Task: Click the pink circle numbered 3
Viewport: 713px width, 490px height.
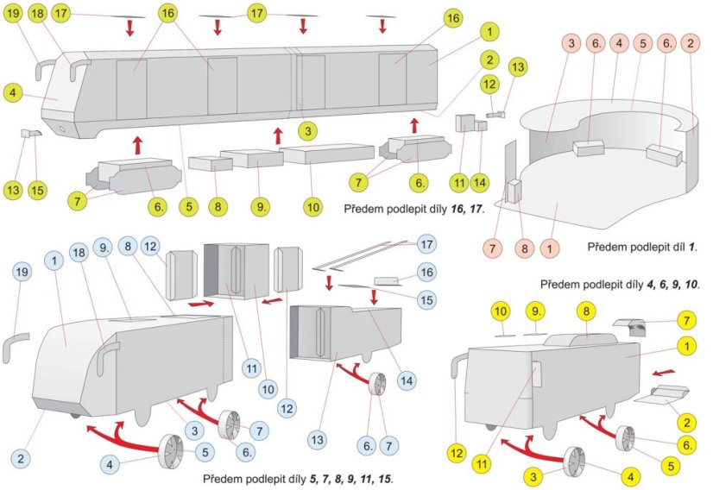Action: [x=571, y=42]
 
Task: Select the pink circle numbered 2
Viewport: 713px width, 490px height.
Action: [x=690, y=42]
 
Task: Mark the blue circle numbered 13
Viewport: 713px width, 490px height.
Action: [x=319, y=440]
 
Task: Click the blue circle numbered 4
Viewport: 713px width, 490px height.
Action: [x=110, y=464]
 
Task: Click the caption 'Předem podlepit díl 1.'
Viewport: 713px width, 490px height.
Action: [x=642, y=248]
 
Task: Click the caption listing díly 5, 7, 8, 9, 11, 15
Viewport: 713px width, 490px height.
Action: [x=300, y=477]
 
